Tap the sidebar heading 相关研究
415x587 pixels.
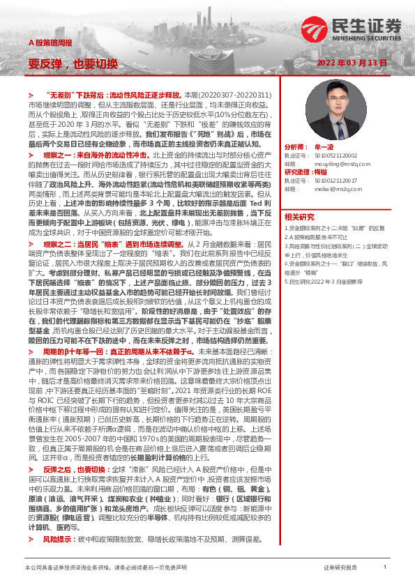[x=301, y=217]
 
